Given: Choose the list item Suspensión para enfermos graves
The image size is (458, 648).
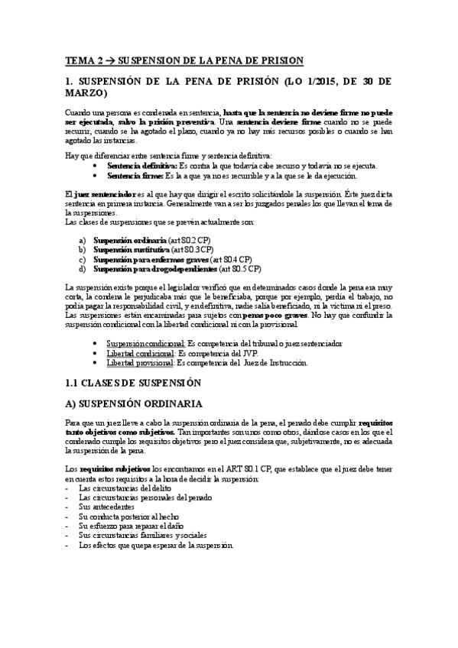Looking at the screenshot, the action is click(142, 258).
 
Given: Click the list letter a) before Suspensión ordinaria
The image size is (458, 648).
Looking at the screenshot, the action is click(83, 238).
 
